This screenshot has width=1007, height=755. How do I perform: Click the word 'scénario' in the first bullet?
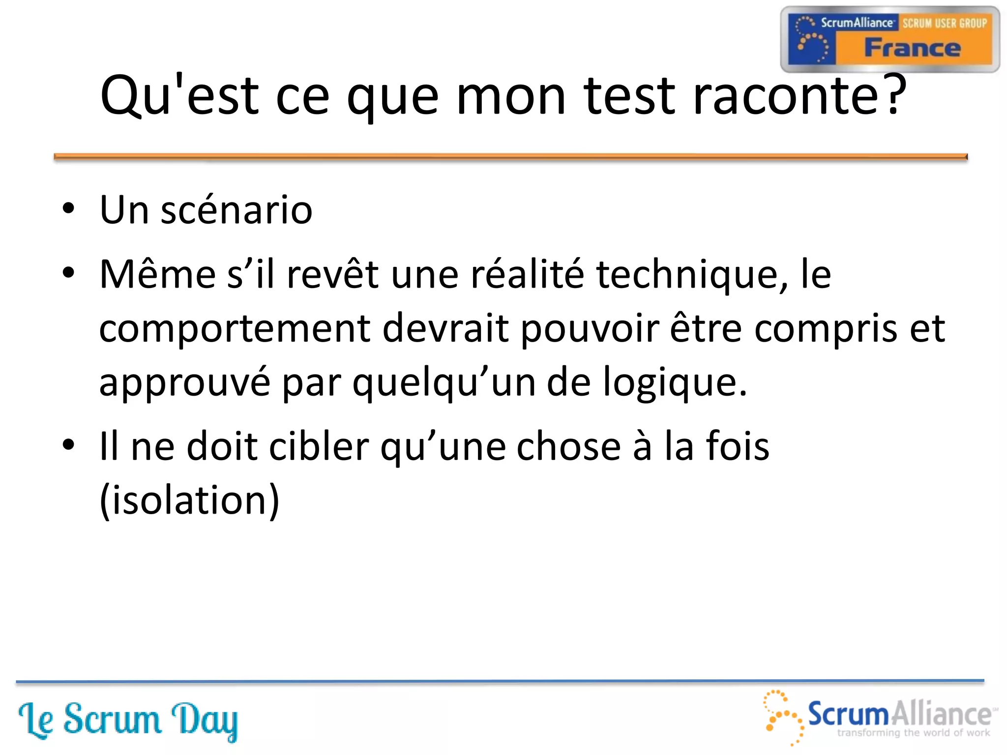coord(237,210)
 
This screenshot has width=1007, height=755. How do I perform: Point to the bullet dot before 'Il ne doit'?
coord(68,445)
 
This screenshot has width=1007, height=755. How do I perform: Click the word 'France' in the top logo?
coord(912,48)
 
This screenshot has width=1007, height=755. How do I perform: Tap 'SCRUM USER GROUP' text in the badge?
coord(944,23)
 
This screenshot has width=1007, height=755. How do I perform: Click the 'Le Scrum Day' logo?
coord(128,720)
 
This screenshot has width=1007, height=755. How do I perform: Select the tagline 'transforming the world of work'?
coord(913,733)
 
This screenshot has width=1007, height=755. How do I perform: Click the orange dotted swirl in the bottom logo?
coord(783,716)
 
